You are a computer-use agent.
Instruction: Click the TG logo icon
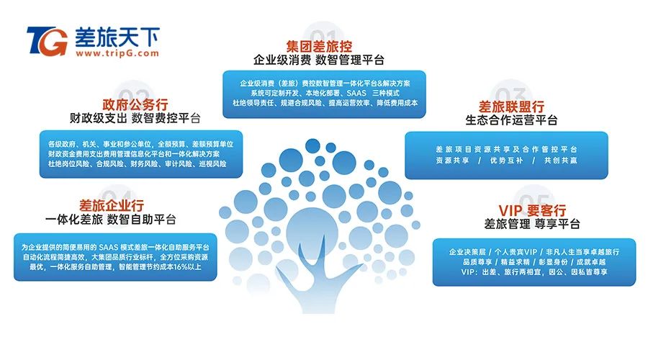(48, 41)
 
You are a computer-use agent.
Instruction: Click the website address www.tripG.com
(117, 53)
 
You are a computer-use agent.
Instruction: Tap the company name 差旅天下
(117, 37)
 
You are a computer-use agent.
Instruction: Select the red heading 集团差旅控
(319, 46)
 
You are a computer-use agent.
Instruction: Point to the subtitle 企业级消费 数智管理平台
(319, 60)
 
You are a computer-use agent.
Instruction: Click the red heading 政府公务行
(135, 104)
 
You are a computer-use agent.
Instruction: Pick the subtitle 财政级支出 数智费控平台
(135, 118)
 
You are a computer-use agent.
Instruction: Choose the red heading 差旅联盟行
(511, 107)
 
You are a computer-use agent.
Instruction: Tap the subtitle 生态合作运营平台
(512, 120)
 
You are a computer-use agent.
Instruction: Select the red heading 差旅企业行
(112, 205)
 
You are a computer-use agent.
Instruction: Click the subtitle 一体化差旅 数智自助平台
(111, 219)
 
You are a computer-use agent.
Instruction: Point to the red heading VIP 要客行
(532, 210)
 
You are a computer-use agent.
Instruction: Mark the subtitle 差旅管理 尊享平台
(532, 224)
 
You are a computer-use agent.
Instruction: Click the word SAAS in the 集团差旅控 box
(356, 93)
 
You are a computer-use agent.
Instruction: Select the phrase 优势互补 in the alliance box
(506, 161)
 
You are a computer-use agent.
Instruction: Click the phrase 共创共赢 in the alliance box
(560, 161)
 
